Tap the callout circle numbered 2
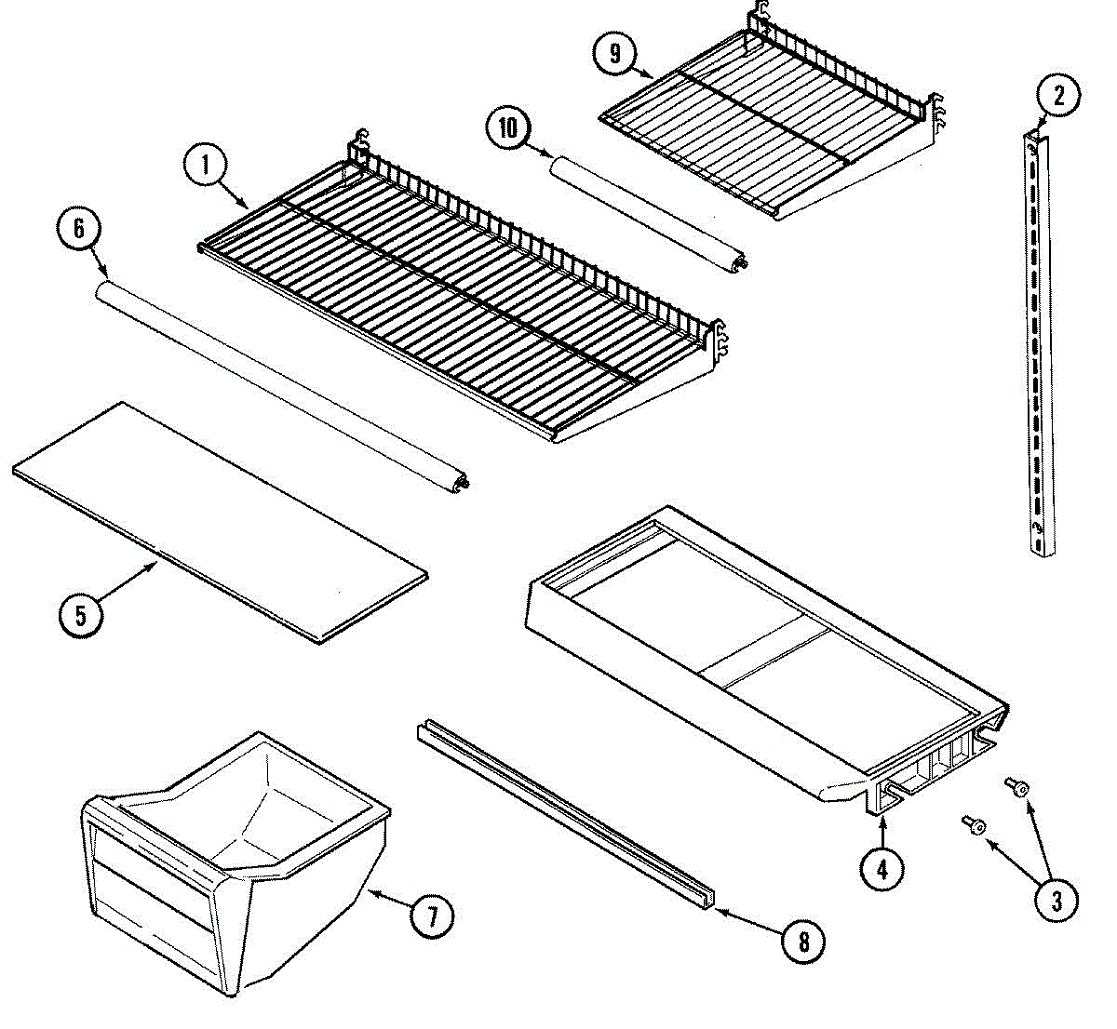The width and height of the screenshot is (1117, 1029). point(1057,94)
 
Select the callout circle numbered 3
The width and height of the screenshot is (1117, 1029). point(1056,899)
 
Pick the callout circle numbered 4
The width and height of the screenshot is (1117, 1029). point(881,869)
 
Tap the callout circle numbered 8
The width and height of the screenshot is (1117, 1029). point(803,942)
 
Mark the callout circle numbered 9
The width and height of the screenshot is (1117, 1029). point(614,53)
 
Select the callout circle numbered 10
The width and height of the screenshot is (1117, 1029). point(508,127)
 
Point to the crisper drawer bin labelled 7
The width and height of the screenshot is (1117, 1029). point(233,865)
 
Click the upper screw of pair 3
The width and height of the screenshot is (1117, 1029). point(1017,788)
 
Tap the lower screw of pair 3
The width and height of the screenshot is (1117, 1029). point(974,824)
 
